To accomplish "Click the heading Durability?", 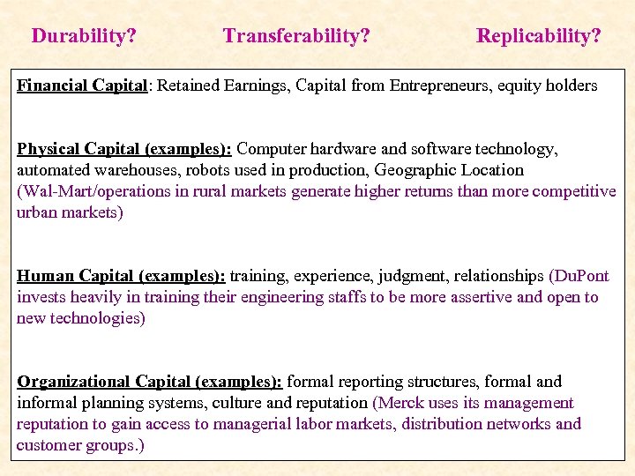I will point(84,36).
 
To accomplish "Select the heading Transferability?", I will point(296,36).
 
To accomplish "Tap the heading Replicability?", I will point(539,36).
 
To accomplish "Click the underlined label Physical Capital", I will point(80,149).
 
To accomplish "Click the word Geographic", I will point(406,170).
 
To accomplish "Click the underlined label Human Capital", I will point(74,276).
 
